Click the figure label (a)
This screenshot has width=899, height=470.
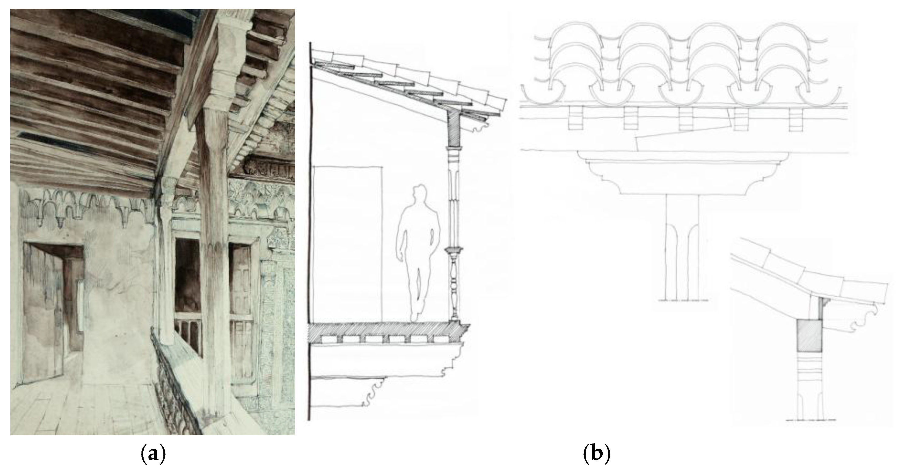[152, 454]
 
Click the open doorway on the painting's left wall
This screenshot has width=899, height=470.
[52, 307]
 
